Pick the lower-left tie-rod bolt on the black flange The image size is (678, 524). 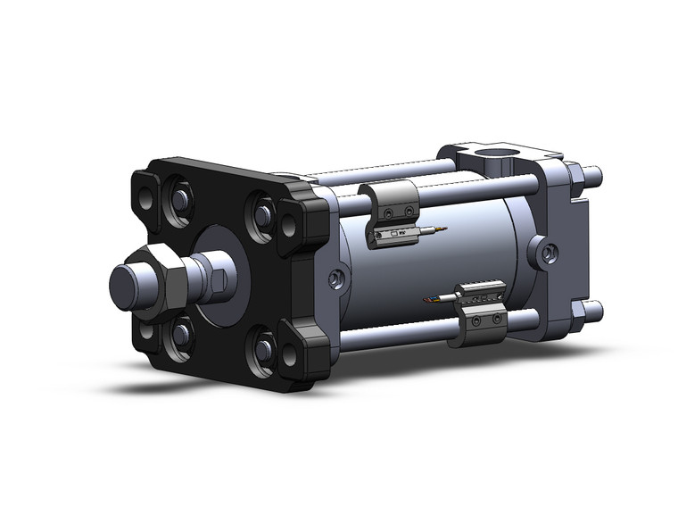point(183,334)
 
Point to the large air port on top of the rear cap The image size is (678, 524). point(490,162)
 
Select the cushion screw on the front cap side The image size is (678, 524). point(335,279)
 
